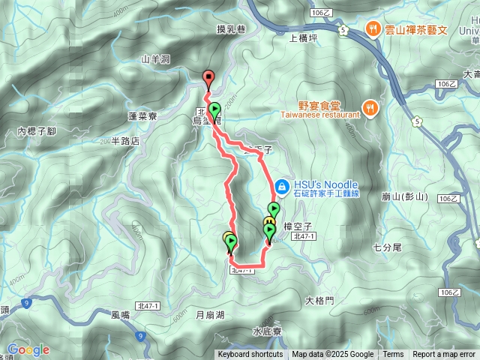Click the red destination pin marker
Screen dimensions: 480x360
pos(208,76)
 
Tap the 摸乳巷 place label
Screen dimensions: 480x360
pos(231,28)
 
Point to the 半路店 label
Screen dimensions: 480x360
pos(125,140)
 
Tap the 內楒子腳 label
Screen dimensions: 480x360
pos(37,131)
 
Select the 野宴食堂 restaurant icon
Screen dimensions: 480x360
pos(370,106)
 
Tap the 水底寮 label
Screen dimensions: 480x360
pos(266,331)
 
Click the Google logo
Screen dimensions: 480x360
pos(28,349)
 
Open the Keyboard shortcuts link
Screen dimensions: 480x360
pos(250,355)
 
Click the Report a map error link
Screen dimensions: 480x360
pos(444,355)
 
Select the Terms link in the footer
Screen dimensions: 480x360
pos(393,355)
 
